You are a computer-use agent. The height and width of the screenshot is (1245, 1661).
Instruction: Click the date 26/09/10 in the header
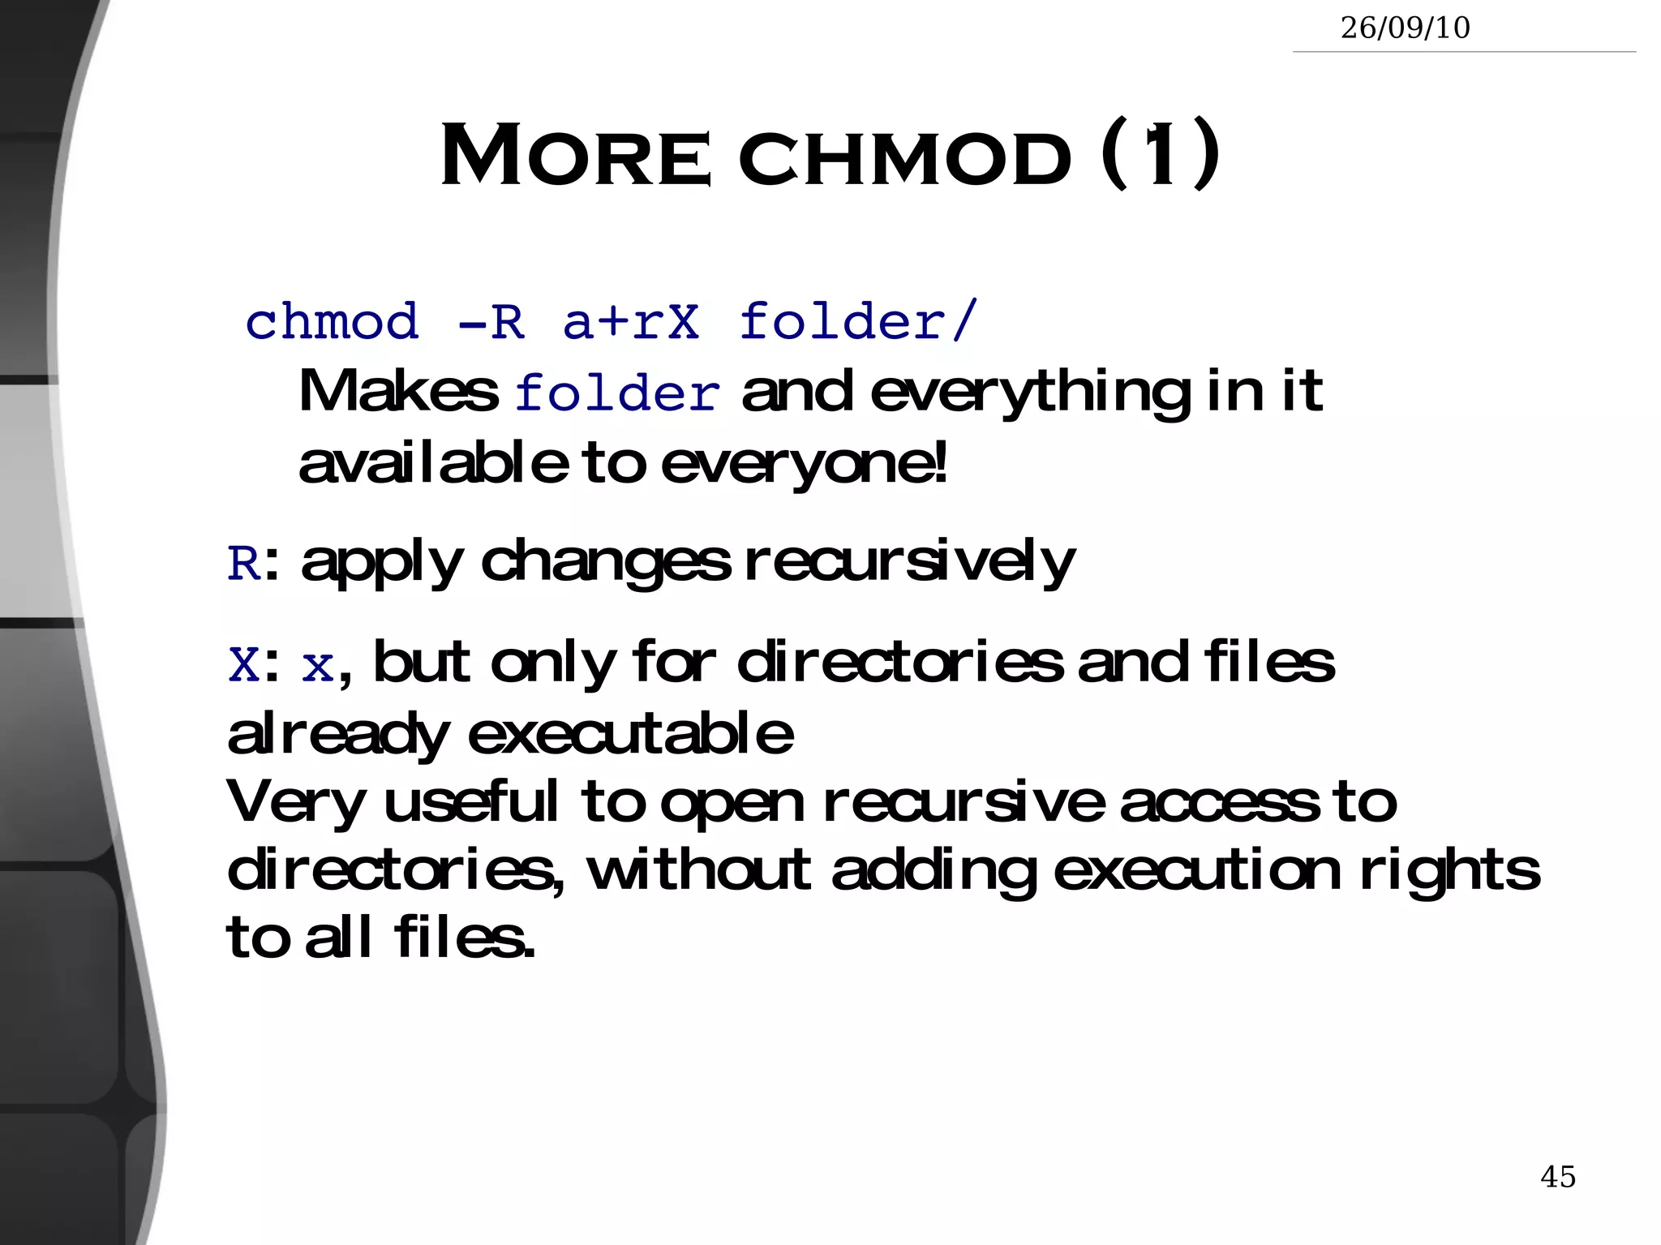[x=1405, y=28]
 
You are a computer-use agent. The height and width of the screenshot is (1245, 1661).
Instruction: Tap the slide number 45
[x=1557, y=1176]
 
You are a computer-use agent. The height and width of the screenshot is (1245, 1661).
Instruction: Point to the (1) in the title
[x=1160, y=153]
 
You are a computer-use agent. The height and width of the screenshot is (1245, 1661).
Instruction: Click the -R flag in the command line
[x=491, y=322]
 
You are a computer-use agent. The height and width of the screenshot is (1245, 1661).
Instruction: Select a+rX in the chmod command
[x=631, y=322]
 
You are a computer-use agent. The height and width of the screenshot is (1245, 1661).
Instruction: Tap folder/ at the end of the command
[x=858, y=322]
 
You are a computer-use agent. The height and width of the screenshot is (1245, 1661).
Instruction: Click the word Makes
[x=398, y=392]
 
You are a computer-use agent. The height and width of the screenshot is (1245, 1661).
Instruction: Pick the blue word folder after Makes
[x=617, y=394]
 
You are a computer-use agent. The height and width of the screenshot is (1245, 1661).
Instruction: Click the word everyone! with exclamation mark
[x=804, y=464]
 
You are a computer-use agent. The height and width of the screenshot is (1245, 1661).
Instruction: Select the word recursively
[x=909, y=561]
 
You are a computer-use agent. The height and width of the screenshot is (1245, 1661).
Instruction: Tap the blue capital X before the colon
[x=243, y=665]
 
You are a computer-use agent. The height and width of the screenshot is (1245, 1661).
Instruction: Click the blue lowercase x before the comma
[x=317, y=667]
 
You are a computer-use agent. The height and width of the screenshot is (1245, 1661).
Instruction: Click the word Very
[x=296, y=802]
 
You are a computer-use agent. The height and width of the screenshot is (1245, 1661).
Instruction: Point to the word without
[x=698, y=869]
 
